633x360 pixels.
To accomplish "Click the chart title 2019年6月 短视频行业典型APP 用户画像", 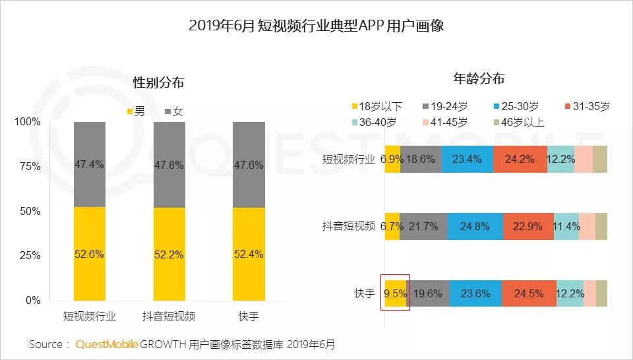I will [316, 26].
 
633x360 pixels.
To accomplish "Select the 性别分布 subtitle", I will [158, 83].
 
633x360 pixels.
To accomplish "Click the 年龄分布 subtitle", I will [479, 78].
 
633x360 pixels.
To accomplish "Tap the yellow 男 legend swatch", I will [130, 111].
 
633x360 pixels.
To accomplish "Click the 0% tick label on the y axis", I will [32, 301].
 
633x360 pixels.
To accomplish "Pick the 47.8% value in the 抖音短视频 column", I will [169, 165].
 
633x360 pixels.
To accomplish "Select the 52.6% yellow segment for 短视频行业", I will [89, 254].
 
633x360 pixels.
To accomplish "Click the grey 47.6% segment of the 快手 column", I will [249, 165].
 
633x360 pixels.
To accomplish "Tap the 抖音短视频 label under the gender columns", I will [169, 316].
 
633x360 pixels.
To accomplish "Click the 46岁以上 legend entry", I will [519, 122].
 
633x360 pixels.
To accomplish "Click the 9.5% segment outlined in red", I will [395, 293].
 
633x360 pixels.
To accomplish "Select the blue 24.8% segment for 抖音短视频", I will [475, 226].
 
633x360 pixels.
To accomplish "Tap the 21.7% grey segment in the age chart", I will [423, 226].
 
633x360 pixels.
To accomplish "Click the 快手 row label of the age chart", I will [364, 293].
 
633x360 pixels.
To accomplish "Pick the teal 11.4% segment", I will [566, 226].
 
